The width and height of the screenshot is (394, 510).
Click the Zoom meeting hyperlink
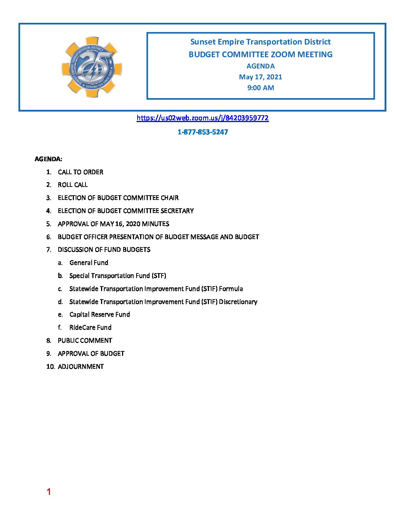202,118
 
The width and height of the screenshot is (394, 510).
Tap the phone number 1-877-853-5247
202,132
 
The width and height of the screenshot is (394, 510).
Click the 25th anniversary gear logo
92,67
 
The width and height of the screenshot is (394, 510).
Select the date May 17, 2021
260,77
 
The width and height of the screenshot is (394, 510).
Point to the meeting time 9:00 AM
260,88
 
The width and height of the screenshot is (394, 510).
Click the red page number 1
49,492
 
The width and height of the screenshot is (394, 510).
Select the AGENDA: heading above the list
48,159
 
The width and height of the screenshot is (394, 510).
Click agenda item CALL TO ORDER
80,172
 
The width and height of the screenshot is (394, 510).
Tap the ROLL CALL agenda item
72,185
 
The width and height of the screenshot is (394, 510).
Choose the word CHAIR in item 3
169,198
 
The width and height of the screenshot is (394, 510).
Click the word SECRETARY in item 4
177,211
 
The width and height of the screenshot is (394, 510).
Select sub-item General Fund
89,263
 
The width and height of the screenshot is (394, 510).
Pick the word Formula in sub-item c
231,289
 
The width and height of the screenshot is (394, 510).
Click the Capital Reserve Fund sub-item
100,314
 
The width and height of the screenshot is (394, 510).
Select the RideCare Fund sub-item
90,327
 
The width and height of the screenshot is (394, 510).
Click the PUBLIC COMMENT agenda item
85,340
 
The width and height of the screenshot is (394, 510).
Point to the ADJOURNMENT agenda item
81,367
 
